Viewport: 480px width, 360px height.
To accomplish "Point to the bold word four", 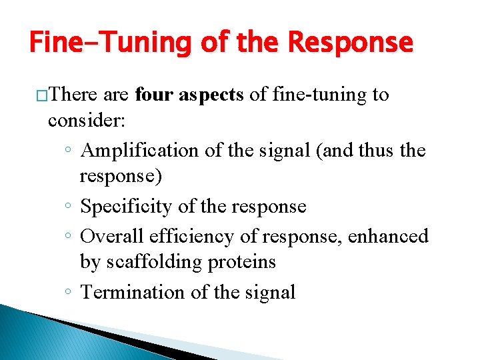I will [155, 95].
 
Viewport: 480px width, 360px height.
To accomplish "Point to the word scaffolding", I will [158, 263].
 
